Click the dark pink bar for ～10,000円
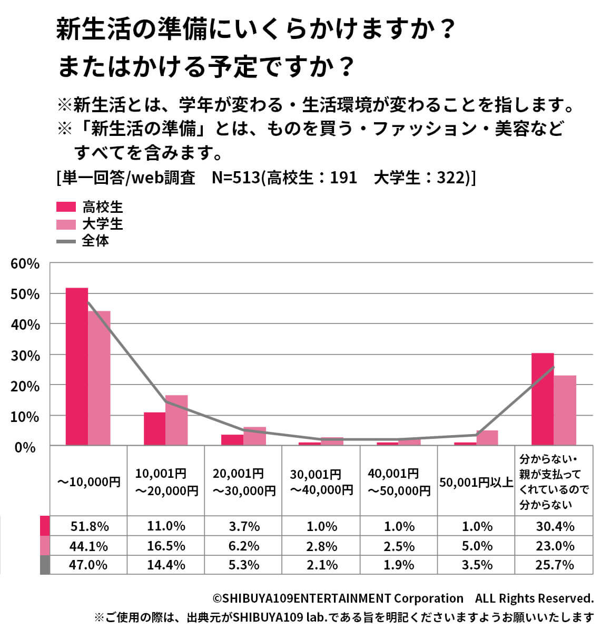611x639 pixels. click(x=76, y=366)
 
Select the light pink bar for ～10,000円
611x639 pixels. click(x=99, y=378)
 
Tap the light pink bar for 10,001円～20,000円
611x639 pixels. click(x=176, y=420)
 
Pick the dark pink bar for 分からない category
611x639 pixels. click(x=542, y=399)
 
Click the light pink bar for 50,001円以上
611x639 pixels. click(x=487, y=438)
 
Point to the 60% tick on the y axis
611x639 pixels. click(x=25, y=263)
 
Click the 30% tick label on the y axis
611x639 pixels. click(x=25, y=356)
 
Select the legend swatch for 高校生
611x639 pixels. click(x=66, y=207)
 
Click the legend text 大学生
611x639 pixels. click(x=103, y=224)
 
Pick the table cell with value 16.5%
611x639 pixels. click(x=166, y=546)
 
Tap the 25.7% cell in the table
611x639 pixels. click(x=554, y=565)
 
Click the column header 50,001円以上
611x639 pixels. click(x=476, y=483)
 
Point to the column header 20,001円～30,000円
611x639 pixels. click(x=243, y=483)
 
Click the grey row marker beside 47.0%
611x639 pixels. click(x=45, y=565)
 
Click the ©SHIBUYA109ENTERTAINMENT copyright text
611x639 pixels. click(x=337, y=598)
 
